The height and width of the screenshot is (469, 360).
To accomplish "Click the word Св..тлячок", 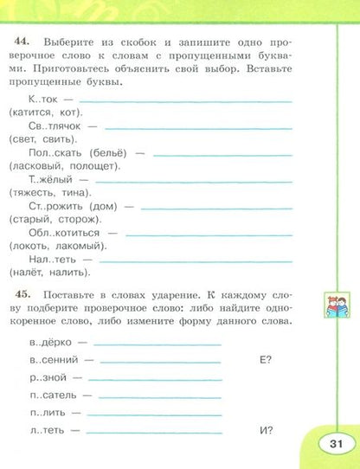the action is (x=53, y=125).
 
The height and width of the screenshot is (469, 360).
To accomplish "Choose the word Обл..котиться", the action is (x=62, y=233).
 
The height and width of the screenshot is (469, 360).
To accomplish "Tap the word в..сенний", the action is (x=54, y=358).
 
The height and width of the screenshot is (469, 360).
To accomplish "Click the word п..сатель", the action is (x=55, y=395).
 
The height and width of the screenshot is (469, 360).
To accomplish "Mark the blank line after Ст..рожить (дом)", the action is (x=215, y=209).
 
